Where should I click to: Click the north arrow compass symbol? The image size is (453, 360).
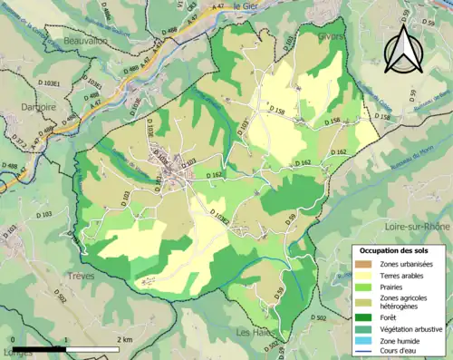coord(404,47)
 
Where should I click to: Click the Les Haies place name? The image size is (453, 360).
coord(255,333)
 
